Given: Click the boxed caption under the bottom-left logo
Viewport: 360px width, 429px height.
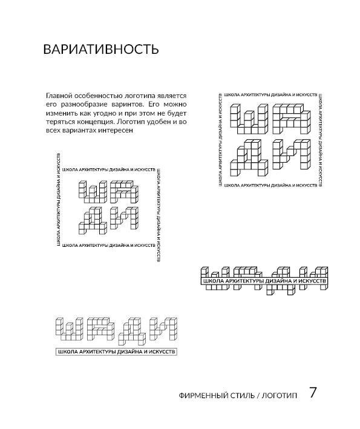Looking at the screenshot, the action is pos(116,352).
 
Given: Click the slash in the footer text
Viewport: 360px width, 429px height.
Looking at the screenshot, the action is pos(258,395).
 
